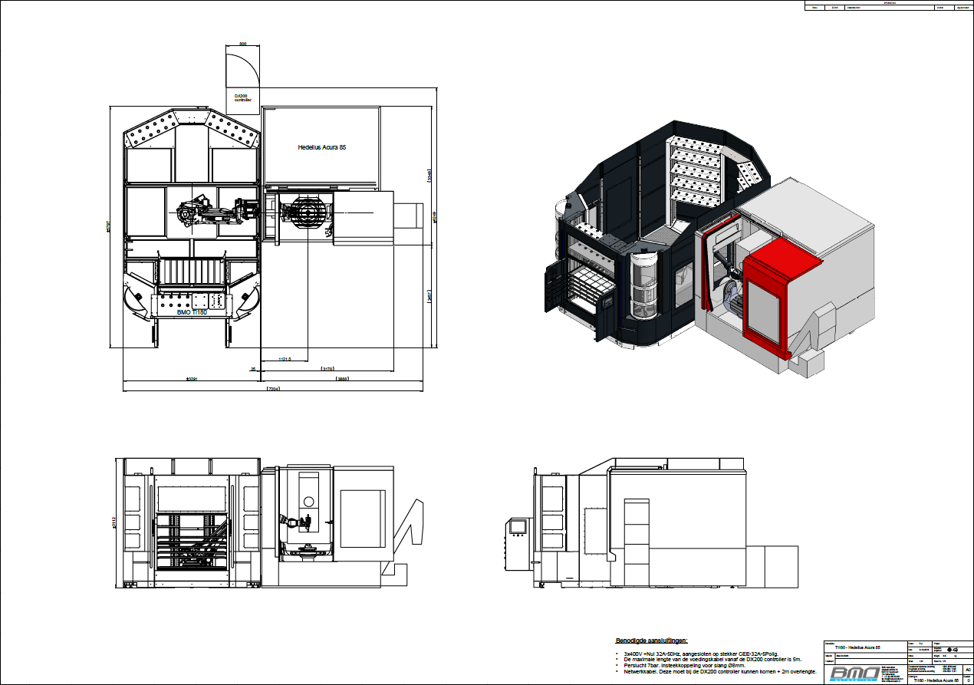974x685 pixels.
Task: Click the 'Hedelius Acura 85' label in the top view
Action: click(322, 147)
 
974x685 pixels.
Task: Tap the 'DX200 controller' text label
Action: click(242, 97)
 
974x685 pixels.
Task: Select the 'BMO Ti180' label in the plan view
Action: click(191, 312)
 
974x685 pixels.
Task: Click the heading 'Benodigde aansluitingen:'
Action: click(652, 640)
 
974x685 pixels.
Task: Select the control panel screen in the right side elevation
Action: click(518, 526)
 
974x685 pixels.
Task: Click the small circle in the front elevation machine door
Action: click(308, 501)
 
